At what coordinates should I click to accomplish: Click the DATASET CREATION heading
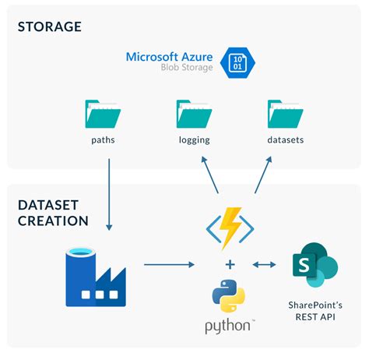tap(52, 212)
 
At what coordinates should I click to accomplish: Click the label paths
tap(104, 140)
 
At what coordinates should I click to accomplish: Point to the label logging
tap(195, 141)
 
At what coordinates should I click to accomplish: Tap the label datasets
tap(285, 140)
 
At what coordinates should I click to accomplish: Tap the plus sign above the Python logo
tap(229, 264)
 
